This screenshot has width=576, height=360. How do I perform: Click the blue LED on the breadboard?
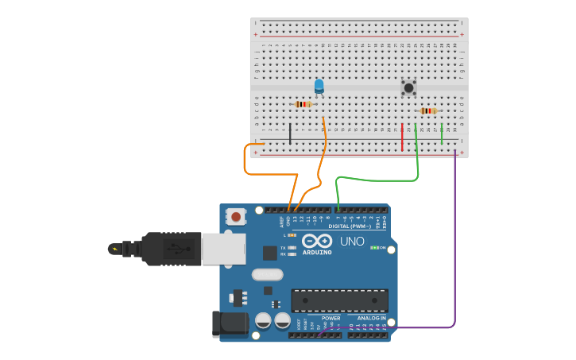tap(319, 86)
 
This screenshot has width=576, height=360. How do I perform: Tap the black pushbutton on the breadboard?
tap(408, 87)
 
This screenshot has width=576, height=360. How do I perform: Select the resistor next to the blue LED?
tap(303, 104)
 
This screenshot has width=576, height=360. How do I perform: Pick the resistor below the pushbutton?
tap(428, 111)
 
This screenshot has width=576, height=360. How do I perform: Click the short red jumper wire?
tap(402, 137)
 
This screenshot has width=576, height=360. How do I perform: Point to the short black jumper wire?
tap(290, 134)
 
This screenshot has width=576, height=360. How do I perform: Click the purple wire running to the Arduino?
tap(455, 238)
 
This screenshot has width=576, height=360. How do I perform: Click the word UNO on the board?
tap(352, 242)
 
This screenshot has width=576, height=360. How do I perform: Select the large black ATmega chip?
tap(340, 300)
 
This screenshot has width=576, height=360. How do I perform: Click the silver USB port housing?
tap(223, 249)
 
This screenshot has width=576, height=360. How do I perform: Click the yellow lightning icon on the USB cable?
tap(115, 249)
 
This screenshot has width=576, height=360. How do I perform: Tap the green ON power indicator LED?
tap(374, 247)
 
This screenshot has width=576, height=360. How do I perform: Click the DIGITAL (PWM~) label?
tap(350, 226)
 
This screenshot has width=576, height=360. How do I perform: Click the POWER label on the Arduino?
tap(331, 318)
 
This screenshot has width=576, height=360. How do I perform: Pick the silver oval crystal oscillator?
tap(267, 275)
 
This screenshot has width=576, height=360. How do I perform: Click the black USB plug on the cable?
tap(171, 249)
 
